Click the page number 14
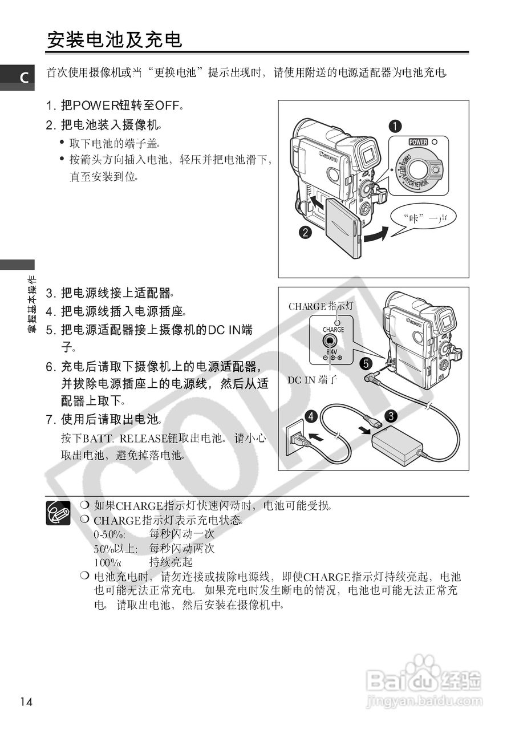[x=25, y=701]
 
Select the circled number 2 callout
[x=306, y=232]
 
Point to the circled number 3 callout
[x=391, y=416]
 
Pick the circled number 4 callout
[x=311, y=416]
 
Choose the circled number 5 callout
[x=366, y=363]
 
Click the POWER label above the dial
[x=417, y=141]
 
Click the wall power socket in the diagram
[x=295, y=438]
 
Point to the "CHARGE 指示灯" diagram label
[x=321, y=306]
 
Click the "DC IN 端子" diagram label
[x=313, y=379]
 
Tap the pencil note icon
[x=58, y=512]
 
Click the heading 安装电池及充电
[x=115, y=40]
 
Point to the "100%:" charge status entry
[x=108, y=562]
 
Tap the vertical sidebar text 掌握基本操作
[x=33, y=305]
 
